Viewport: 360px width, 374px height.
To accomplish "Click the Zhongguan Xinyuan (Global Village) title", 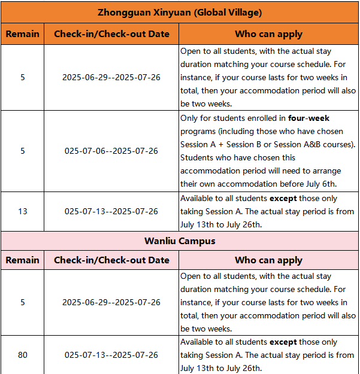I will pyautogui.click(x=180, y=12).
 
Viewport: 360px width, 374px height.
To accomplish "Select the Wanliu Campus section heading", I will pyautogui.click(x=180, y=241).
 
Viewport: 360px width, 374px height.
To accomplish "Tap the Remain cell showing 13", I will pyautogui.click(x=22, y=211).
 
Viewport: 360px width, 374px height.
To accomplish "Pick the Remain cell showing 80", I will pyautogui.click(x=22, y=355).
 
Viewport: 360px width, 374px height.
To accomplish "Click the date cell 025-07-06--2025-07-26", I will pyautogui.click(x=111, y=151).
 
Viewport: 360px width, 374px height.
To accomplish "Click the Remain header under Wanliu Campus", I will pyautogui.click(x=22, y=260).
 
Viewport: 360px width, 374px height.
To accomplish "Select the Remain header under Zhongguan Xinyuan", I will pyautogui.click(x=22, y=34).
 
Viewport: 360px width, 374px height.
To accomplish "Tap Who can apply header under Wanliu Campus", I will pyautogui.click(x=268, y=260).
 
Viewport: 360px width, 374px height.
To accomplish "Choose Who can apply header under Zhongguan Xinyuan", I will pyautogui.click(x=268, y=34).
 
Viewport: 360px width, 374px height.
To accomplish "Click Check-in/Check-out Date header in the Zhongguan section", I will pyautogui.click(x=111, y=34).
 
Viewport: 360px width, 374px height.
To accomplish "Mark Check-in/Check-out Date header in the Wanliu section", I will pyautogui.click(x=111, y=260).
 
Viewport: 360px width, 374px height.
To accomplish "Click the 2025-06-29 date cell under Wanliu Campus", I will pyautogui.click(x=111, y=302).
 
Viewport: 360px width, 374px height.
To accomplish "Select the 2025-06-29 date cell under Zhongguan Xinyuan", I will pyautogui.click(x=111, y=77).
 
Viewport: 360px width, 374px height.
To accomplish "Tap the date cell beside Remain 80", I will pyautogui.click(x=111, y=355).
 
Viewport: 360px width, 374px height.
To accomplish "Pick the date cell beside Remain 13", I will pyautogui.click(x=111, y=211).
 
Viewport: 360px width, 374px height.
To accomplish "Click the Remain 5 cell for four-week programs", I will pyautogui.click(x=22, y=151).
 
